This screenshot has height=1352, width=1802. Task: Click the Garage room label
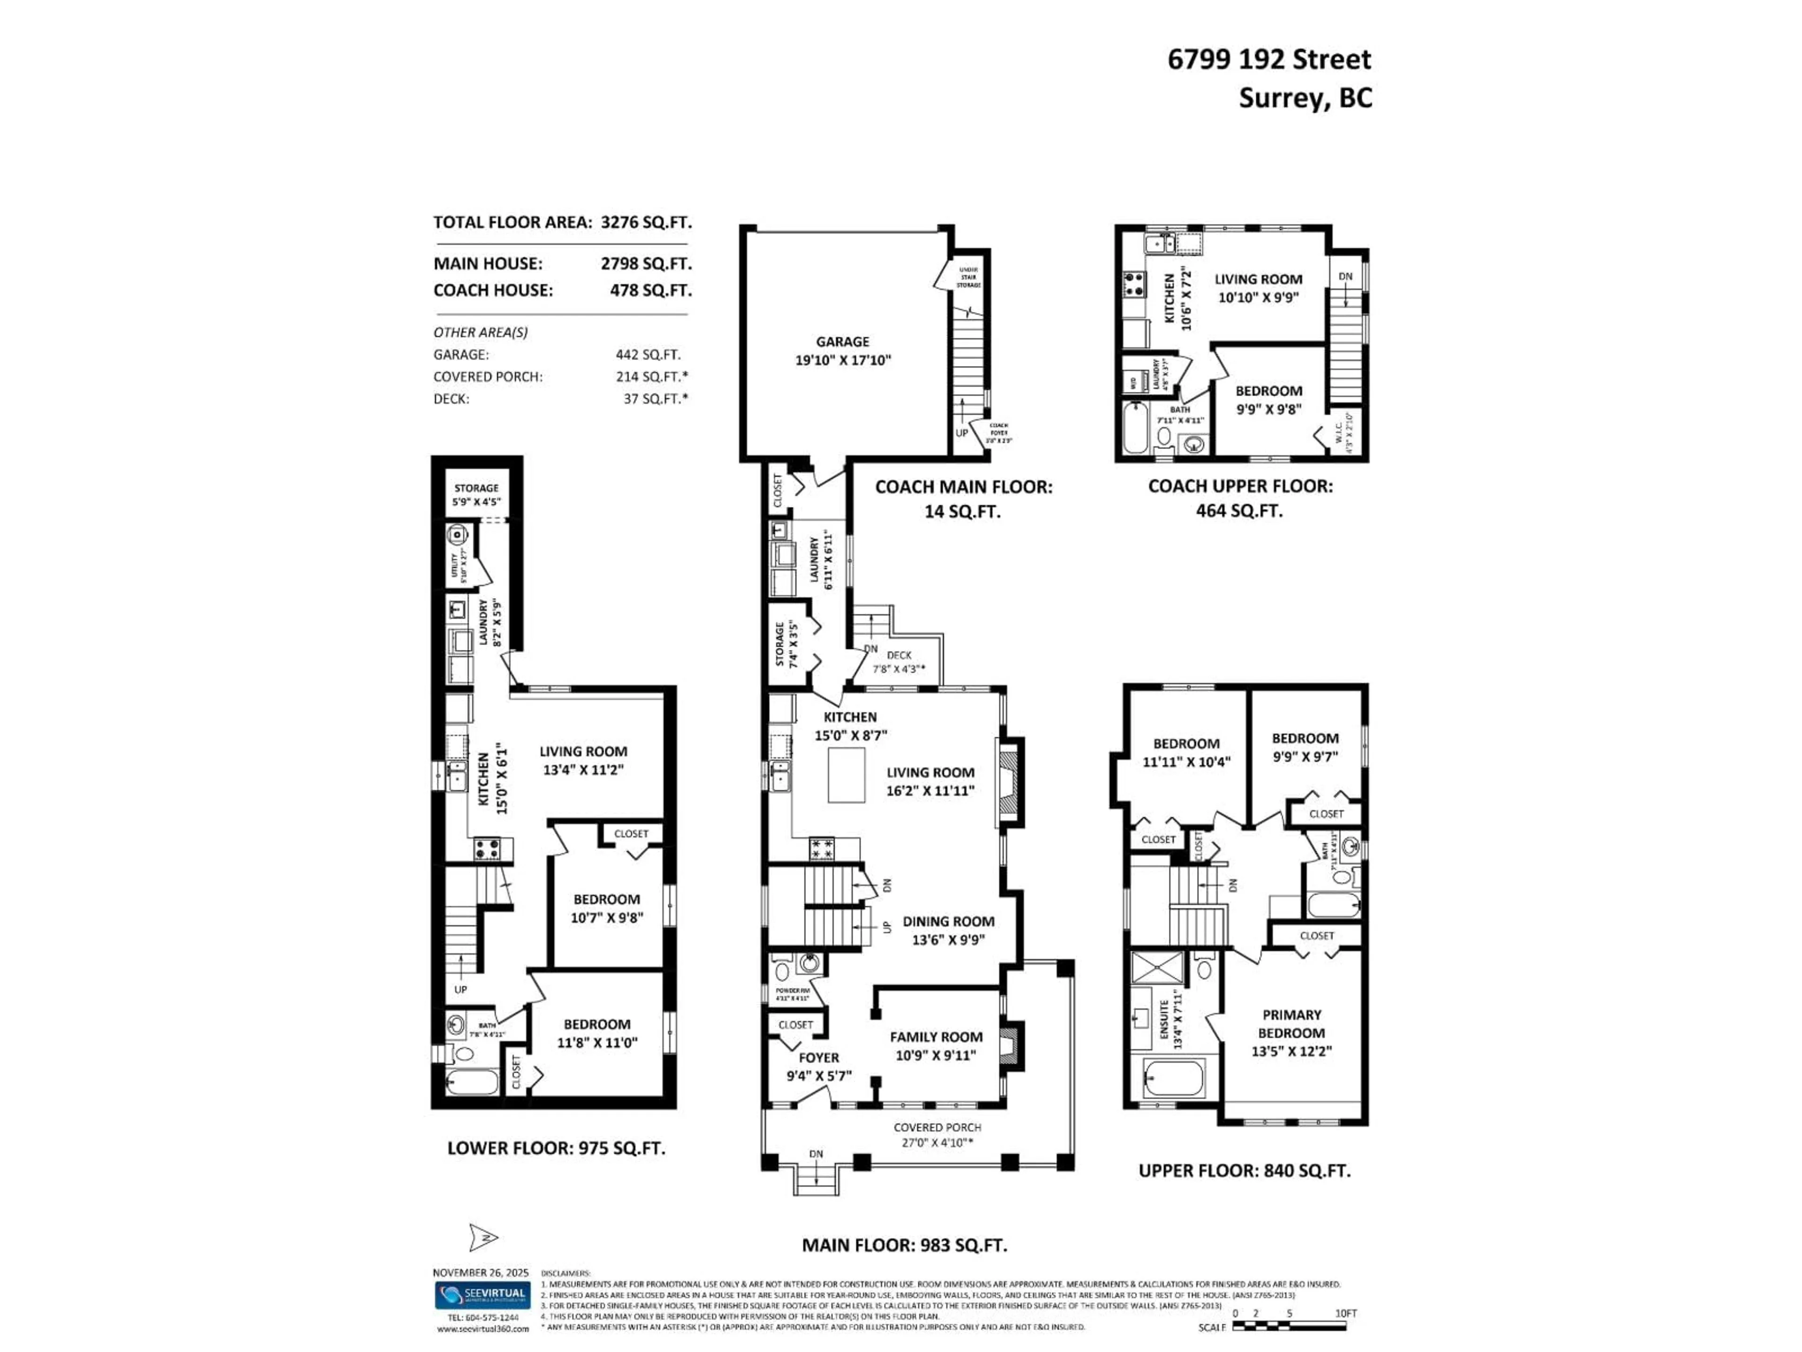point(843,350)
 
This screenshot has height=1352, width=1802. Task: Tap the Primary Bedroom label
point(1291,1032)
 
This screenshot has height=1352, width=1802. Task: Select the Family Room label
point(936,1045)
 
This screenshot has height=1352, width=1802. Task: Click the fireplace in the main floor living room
point(1009,783)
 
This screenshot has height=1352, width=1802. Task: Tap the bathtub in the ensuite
point(1173,1079)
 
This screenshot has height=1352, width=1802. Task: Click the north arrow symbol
point(482,1237)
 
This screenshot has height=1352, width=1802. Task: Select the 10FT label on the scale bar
point(1346,1314)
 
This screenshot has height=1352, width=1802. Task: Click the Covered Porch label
point(937,1134)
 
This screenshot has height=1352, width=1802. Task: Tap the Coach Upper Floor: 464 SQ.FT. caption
point(1240,498)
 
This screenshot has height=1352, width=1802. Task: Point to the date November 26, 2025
point(481,1272)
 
